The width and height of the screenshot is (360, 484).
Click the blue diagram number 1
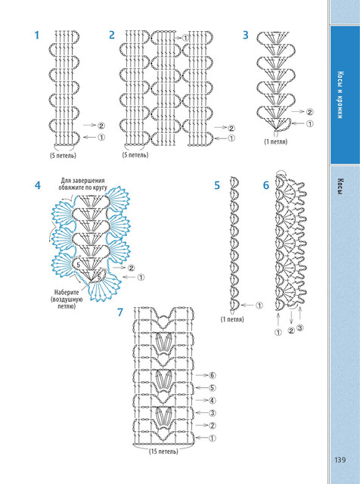coord(37,36)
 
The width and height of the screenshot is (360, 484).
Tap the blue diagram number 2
coord(112,36)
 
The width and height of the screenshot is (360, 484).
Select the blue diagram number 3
coord(246,36)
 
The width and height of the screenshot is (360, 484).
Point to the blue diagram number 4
coord(38,185)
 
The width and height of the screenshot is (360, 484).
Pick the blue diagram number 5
coord(217,185)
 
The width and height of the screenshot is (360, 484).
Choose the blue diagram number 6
coord(266,185)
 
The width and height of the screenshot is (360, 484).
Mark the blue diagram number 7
coord(120,312)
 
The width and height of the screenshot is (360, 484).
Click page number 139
coord(340,460)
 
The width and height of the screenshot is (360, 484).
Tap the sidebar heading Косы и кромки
coord(340,95)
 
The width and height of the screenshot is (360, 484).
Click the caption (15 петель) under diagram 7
coord(163,451)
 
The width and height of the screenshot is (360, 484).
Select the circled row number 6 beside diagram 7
coord(212,375)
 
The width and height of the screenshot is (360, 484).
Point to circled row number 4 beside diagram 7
coord(212,401)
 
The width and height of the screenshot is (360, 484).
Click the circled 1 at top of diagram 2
coord(185,38)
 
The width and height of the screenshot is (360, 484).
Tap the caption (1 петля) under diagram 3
coord(276,141)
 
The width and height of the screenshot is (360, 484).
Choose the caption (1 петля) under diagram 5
coord(232,319)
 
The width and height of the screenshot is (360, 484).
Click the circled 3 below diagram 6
coord(299,327)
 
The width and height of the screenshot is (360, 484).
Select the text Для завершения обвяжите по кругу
coord(82,184)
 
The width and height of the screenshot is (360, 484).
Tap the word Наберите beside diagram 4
coord(67,293)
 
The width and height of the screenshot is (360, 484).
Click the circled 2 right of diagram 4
coord(131,268)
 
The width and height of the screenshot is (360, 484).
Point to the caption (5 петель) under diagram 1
coord(63,155)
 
